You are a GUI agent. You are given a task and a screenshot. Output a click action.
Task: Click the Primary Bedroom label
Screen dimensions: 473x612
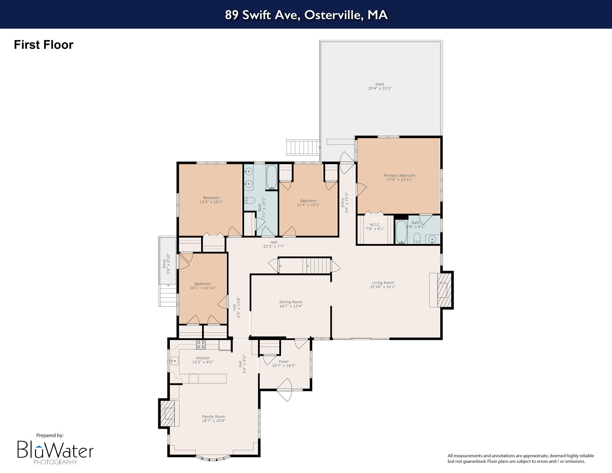[x=399, y=176]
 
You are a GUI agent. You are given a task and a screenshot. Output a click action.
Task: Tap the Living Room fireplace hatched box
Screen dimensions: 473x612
[x=444, y=290]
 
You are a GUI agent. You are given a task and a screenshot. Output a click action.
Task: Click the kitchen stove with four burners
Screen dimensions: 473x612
[x=201, y=345]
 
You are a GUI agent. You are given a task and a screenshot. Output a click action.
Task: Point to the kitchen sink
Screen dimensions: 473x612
[x=175, y=360]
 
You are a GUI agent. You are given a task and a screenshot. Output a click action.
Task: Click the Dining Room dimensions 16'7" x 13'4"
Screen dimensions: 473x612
[x=291, y=306]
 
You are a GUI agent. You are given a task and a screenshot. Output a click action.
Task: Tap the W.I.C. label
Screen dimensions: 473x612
[x=375, y=225]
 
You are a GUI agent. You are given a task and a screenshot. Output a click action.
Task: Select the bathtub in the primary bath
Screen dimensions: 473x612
[x=401, y=232]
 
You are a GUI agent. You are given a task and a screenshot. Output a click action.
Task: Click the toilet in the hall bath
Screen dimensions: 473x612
[x=250, y=201]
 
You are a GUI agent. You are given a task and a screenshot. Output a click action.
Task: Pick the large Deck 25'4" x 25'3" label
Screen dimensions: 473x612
[x=380, y=86]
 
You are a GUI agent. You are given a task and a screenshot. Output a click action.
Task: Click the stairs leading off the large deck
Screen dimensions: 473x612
[x=303, y=148]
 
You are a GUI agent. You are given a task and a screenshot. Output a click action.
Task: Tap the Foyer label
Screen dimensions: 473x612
[x=284, y=362]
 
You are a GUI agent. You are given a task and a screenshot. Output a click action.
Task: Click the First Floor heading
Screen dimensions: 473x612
[x=43, y=45]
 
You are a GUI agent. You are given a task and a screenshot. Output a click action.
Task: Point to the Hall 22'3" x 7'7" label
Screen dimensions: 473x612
[x=273, y=244]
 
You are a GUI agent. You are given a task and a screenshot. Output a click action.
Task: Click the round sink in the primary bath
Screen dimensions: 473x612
[x=433, y=239]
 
